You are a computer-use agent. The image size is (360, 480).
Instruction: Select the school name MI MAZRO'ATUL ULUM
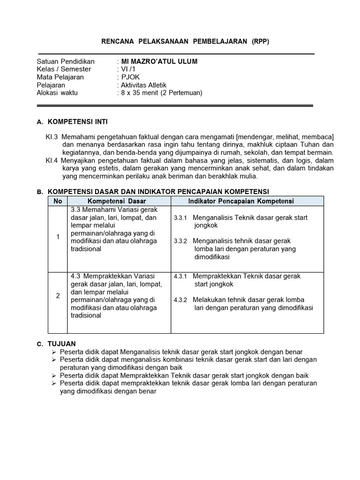click(159, 61)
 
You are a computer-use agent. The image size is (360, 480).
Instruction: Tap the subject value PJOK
click(130, 77)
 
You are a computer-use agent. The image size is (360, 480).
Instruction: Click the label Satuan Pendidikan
click(66, 61)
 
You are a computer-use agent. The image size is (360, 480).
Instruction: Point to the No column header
click(58, 201)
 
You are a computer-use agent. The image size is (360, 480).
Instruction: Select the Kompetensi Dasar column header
click(117, 201)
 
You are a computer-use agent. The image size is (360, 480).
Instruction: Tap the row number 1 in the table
click(58, 237)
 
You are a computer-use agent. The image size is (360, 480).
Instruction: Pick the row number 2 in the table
click(58, 295)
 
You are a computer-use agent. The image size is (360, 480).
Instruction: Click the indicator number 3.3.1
click(180, 218)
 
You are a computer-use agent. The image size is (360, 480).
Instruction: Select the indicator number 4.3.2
click(180, 300)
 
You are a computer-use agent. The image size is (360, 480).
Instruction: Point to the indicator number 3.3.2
click(180, 241)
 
